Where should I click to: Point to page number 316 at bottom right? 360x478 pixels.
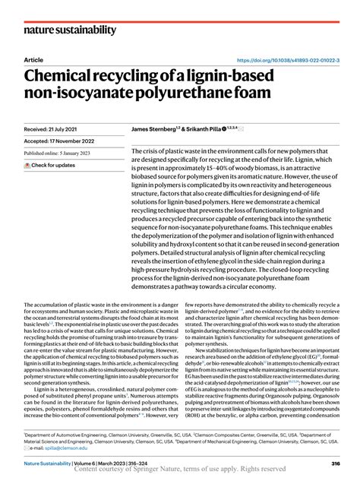[x=335, y=463]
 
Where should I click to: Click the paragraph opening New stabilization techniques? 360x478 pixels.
[x=258, y=351]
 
